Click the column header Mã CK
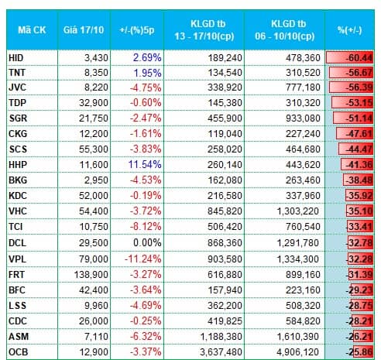tap(32, 30)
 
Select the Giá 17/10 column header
tap(84, 30)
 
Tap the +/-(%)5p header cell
tap(137, 30)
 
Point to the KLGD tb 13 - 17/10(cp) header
tap(204, 30)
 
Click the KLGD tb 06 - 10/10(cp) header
tap(285, 30)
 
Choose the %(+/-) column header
tap(350, 30)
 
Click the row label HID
tap(16, 58)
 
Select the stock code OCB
tap(18, 352)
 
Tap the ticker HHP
tap(18, 165)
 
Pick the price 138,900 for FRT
tap(91, 275)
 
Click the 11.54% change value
tap(145, 164)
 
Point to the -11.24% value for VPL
tap(143, 259)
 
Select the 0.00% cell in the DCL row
tap(147, 243)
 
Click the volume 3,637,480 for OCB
tap(221, 352)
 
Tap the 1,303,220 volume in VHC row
tap(298, 211)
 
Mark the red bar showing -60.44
tap(349, 57)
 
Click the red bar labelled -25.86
tap(363, 351)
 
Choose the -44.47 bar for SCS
tap(356, 149)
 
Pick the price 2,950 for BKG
tap(96, 180)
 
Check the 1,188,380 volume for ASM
tap(221, 337)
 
